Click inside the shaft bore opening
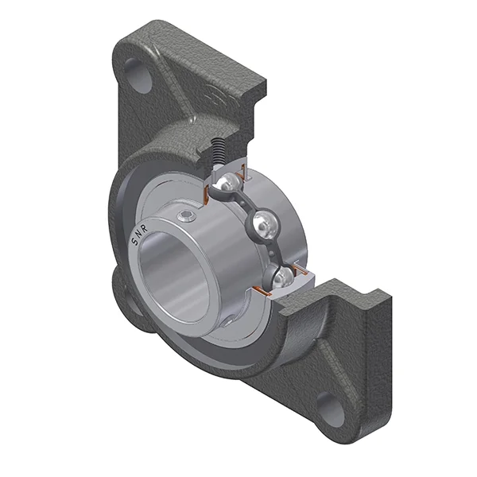[179, 278]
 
